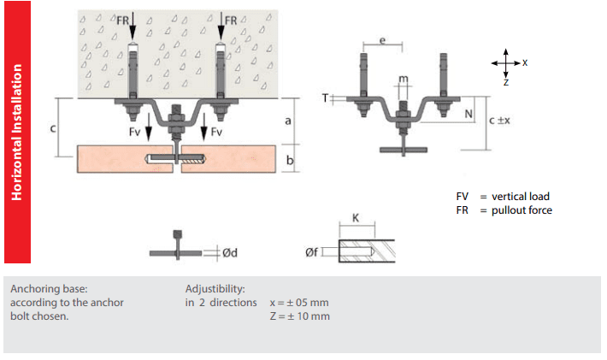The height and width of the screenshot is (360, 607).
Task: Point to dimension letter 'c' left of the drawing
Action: (53, 129)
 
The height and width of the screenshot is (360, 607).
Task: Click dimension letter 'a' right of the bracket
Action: (288, 121)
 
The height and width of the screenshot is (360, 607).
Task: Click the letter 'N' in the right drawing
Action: (469, 114)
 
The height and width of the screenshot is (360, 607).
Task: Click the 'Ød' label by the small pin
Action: (228, 253)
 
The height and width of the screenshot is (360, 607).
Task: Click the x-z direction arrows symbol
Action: (506, 63)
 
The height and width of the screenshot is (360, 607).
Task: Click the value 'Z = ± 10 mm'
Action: (299, 317)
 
